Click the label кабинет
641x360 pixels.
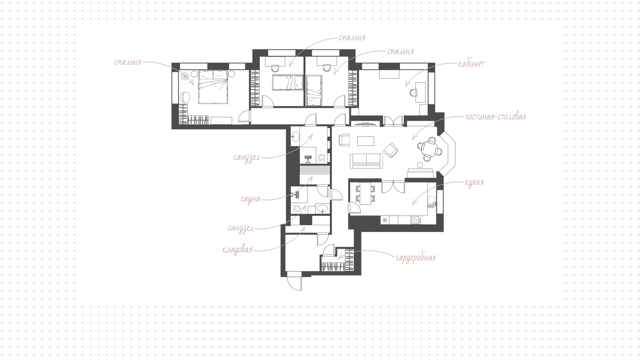[x=471, y=64]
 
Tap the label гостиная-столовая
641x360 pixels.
[x=495, y=117]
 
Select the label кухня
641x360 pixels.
[x=474, y=183]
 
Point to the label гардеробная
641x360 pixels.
[x=416, y=258]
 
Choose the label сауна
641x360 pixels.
[x=250, y=199]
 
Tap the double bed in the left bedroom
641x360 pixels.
[x=214, y=87]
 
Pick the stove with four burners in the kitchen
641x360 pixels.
[x=415, y=220]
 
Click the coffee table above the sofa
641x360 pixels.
[x=366, y=141]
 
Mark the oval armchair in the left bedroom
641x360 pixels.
[x=185, y=97]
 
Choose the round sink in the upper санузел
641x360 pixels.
[x=295, y=135]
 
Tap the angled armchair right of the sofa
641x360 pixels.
[x=390, y=149]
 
